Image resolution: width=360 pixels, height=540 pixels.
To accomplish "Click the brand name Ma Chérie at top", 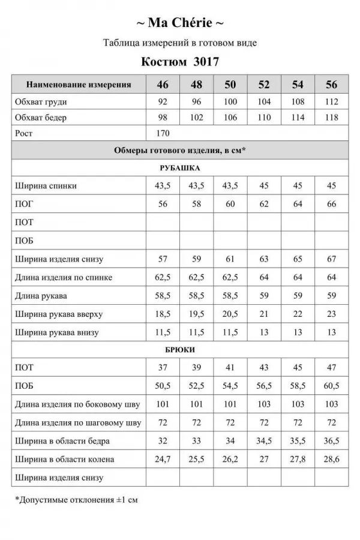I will [x=180, y=23].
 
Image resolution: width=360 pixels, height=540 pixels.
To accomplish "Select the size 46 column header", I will [x=163, y=85].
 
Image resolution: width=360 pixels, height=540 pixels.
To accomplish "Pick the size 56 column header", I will [x=332, y=85].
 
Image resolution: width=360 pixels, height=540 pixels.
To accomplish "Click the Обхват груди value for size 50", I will [x=230, y=102].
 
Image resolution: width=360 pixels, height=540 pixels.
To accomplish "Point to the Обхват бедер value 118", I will [x=332, y=118].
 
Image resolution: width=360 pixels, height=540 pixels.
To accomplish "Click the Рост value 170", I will [x=163, y=133].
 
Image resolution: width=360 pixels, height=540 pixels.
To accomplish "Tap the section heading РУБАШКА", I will [x=180, y=168].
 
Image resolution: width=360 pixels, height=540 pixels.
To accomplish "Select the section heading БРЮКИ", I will [x=180, y=349].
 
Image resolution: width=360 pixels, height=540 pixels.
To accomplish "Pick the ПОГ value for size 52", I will [x=265, y=204].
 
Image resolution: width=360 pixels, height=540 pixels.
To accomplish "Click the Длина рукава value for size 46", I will [x=163, y=296].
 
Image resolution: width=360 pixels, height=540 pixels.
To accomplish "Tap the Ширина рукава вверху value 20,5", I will [x=230, y=314].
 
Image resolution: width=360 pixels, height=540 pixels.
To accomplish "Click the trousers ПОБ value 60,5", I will [x=332, y=385].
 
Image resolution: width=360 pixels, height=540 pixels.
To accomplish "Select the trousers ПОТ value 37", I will [x=163, y=367].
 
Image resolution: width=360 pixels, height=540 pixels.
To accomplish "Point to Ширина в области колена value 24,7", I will [x=163, y=460].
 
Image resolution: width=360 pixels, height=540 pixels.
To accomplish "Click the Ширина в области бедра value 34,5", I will [x=265, y=441].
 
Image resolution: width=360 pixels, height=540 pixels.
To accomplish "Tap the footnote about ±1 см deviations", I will [x=76, y=499].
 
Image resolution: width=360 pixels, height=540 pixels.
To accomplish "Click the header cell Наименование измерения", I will [x=79, y=85].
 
